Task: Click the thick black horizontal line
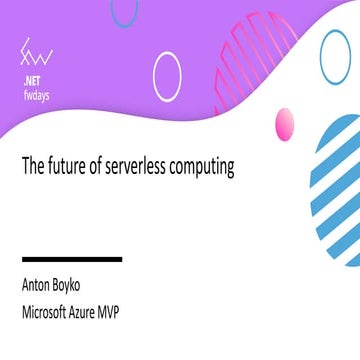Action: coord(72,259)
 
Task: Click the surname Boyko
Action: coord(82,285)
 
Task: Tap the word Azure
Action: coord(109,310)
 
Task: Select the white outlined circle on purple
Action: coord(167,76)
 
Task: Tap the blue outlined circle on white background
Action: coord(338,58)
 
